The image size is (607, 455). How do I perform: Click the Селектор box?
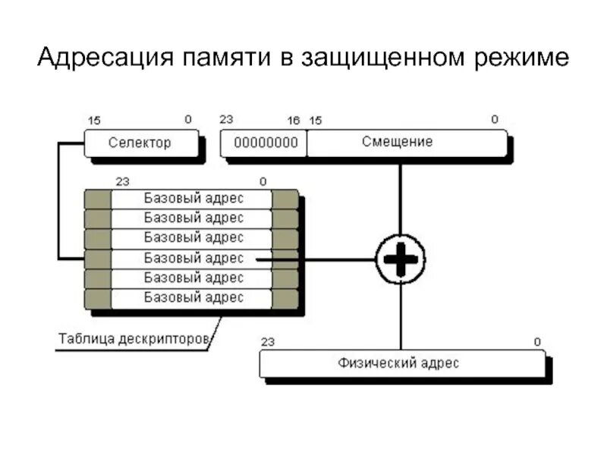[x=140, y=143]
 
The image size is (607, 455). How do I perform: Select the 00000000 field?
[x=265, y=143]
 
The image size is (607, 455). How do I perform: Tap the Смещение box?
[x=407, y=142]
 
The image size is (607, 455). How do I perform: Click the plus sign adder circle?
[x=401, y=259]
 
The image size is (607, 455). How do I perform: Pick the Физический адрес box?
[x=401, y=363]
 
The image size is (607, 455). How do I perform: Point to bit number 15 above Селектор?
[x=94, y=120]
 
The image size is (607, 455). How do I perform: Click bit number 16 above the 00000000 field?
[x=294, y=120]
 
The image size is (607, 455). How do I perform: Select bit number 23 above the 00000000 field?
[x=226, y=119]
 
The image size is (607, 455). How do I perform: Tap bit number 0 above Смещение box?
[x=495, y=119]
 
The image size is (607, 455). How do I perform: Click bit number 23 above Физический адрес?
[x=268, y=342]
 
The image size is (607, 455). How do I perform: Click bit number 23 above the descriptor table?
[x=122, y=181]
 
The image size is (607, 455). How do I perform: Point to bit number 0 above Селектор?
[x=188, y=119]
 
